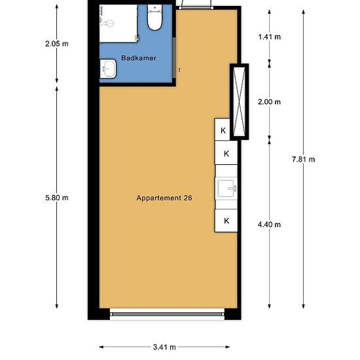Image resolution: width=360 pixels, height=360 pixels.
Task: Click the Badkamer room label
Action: coord(139,58)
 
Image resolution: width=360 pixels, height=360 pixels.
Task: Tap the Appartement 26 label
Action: coord(164,198)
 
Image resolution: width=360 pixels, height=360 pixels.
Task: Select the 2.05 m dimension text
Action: coord(57,44)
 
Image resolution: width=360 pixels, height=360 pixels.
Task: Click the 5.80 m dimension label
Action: coord(57,198)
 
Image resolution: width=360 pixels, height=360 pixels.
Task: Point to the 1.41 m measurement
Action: coord(269,37)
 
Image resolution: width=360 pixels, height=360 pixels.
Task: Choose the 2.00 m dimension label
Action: coord(269,101)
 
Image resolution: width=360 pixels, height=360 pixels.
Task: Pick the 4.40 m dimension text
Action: coord(269,225)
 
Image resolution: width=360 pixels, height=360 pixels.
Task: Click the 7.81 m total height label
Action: coord(303,159)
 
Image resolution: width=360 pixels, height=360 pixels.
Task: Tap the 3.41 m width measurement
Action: coord(164,347)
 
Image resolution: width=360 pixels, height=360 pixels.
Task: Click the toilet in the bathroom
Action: coord(154,18)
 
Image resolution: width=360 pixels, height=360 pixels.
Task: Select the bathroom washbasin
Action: coord(108,69)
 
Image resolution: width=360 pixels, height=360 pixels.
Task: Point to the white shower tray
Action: coord(118,24)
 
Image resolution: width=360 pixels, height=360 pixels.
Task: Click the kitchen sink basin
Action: coord(226,189)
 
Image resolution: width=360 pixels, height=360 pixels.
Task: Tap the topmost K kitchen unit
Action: coord(223,129)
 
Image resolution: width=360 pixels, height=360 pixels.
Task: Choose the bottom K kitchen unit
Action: coord(226,221)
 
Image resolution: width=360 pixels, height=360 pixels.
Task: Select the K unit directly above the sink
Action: coord(226,153)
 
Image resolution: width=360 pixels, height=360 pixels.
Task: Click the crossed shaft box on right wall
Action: coord(239,101)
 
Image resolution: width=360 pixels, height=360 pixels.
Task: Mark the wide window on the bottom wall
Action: coord(167,314)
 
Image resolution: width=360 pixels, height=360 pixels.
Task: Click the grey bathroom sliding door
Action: coord(174,58)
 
